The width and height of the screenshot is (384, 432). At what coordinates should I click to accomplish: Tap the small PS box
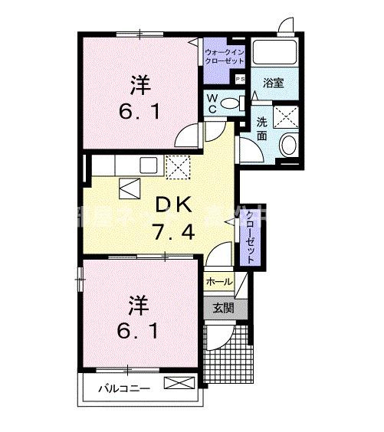coord(239,79)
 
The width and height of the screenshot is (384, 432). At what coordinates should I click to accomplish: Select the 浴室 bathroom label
coord(274,83)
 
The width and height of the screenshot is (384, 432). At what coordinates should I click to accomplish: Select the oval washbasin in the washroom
coord(290,143)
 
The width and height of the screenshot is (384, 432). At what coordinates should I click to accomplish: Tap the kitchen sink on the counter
coord(148,165)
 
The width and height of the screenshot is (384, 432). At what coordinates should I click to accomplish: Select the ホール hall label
coord(220,281)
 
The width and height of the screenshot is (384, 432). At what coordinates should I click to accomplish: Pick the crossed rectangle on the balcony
coord(176,383)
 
